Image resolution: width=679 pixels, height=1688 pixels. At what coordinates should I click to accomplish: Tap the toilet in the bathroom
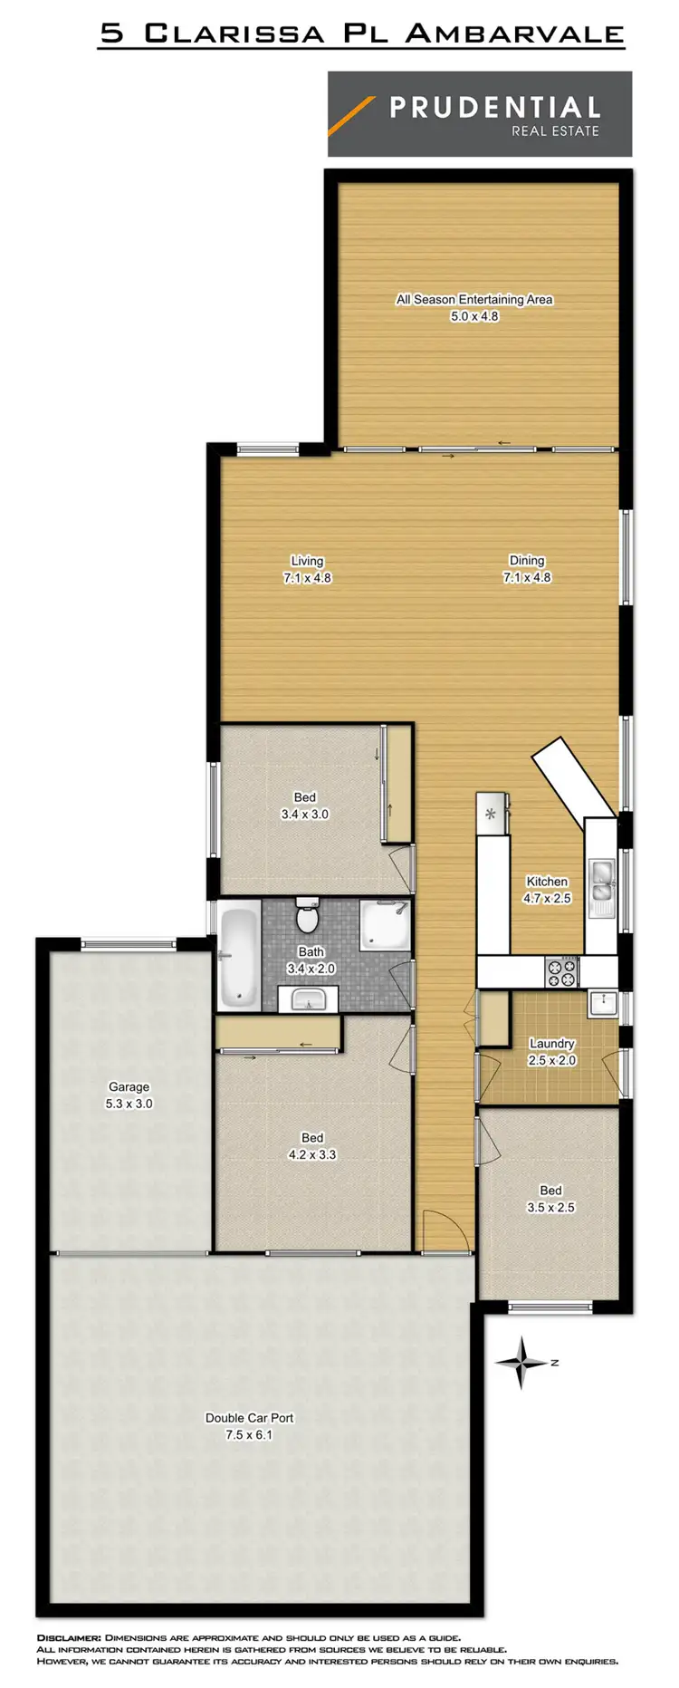[x=308, y=917]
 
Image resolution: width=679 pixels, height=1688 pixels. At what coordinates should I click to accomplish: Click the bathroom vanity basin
[x=308, y=999]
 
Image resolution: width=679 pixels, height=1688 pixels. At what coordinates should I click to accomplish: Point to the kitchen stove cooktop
[x=561, y=973]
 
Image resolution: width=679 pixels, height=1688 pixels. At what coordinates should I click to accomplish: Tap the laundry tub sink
[x=602, y=1002]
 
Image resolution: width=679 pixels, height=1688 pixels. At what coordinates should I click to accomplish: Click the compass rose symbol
[x=521, y=1362]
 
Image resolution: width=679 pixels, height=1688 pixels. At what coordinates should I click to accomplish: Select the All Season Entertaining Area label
[x=474, y=299]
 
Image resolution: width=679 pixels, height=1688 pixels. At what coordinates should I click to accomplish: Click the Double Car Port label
[x=249, y=1418]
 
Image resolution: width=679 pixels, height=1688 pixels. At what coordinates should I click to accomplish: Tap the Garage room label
[x=129, y=1086]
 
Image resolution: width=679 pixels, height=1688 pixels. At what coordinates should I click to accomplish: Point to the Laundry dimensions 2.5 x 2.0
[x=552, y=1060]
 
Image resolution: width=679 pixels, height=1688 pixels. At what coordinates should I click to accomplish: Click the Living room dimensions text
[x=307, y=577]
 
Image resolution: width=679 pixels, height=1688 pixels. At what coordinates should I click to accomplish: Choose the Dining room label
[x=527, y=560]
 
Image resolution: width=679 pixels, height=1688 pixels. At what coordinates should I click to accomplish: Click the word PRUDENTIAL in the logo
[x=494, y=108]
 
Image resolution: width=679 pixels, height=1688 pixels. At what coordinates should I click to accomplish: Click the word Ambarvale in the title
[x=514, y=34]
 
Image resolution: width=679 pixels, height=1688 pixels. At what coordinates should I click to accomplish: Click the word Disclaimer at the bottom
[x=69, y=1638]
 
